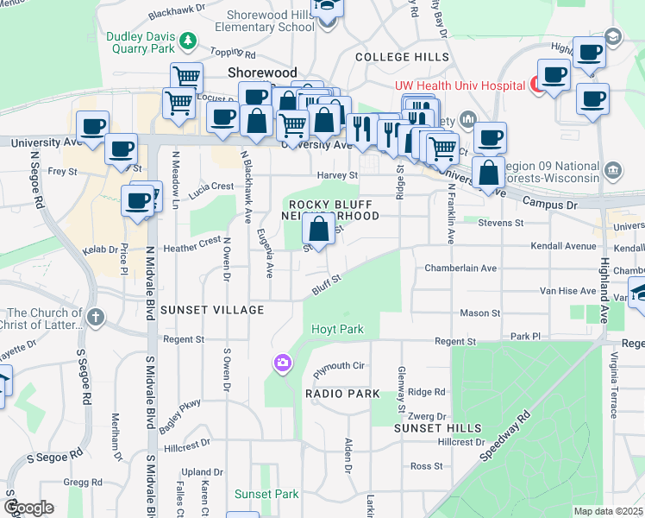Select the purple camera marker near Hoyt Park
(x=283, y=364)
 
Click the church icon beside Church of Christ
(x=96, y=318)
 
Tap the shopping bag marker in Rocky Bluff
(x=319, y=231)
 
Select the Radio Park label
(x=342, y=394)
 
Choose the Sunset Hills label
(x=433, y=427)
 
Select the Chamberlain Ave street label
(x=460, y=268)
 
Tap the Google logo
(x=28, y=508)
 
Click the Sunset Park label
(x=266, y=494)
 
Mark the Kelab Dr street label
(x=100, y=250)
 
